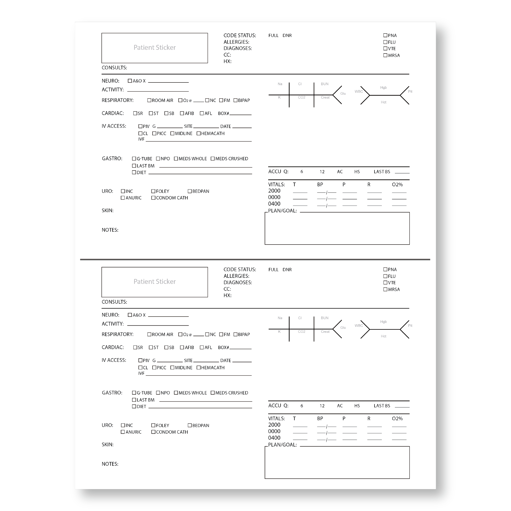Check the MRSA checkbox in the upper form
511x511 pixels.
tap(385, 55)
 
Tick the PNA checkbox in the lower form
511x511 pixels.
tap(385, 269)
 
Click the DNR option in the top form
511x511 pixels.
tap(287, 36)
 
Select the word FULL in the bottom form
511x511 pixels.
tap(273, 270)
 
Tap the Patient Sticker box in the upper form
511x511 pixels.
tap(155, 48)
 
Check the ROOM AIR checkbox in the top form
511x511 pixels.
tap(149, 100)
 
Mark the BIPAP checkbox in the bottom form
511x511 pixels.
tap(235, 334)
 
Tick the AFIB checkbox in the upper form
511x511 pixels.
tap(182, 113)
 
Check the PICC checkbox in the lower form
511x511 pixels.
tap(154, 367)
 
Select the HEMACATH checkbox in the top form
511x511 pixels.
tap(199, 133)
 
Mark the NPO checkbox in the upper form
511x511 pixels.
tap(158, 158)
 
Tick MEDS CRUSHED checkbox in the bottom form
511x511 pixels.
tap(213, 392)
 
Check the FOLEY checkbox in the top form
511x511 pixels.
tap(153, 191)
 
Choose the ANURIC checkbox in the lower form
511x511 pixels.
tap(123, 432)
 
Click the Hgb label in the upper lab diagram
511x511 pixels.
tap(383, 88)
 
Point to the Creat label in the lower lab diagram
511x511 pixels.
tap(325, 331)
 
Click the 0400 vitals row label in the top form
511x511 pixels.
tap(274, 204)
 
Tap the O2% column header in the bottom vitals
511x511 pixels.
tap(397, 419)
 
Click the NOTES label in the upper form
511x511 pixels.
tap(110, 230)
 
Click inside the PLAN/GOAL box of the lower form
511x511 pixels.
tap(337, 463)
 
